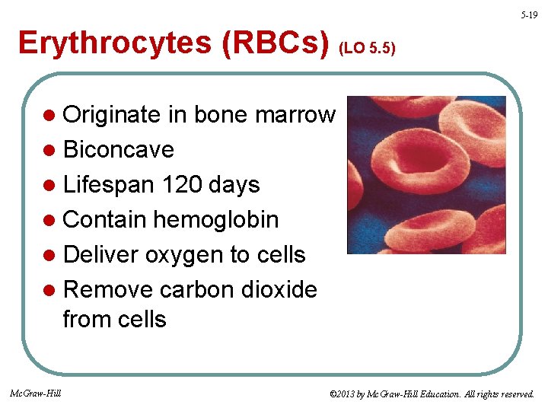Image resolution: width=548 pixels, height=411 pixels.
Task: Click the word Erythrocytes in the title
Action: (x=114, y=43)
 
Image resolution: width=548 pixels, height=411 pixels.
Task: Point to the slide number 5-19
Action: (x=529, y=15)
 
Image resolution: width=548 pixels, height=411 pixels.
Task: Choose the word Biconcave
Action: (x=119, y=150)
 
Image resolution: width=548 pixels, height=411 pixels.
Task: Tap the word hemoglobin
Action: (x=216, y=220)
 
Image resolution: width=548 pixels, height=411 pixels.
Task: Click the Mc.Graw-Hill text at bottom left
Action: (x=36, y=393)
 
